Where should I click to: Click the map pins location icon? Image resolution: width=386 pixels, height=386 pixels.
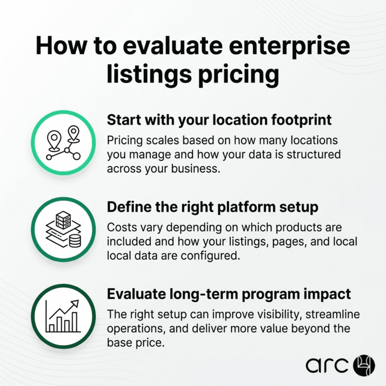click(63, 143)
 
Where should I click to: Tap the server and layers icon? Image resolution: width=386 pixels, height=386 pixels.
click(63, 230)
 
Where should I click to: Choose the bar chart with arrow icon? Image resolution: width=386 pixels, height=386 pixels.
click(63, 316)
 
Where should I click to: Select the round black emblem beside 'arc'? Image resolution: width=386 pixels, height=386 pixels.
click(364, 365)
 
